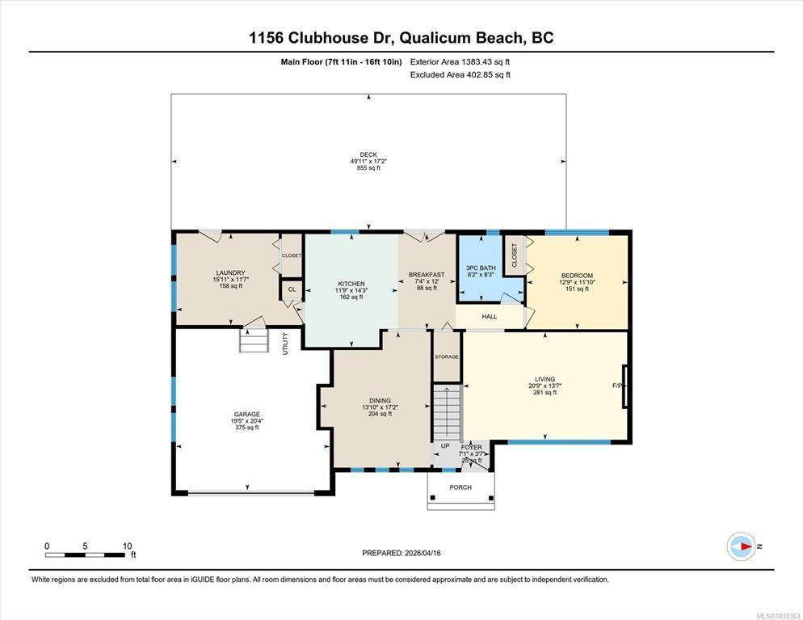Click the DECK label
coord(368,154)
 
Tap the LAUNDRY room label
coord(230,272)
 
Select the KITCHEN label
coord(351,284)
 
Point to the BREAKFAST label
coord(427,275)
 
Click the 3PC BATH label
coord(481,268)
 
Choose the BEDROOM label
coord(577,276)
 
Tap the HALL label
coord(490,317)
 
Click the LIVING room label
coord(544,379)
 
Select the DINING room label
coord(380,401)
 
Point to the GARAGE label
coord(247,414)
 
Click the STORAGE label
coord(447,356)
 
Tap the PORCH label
coord(460,487)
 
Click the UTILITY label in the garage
coord(285,344)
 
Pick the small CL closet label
coord(292,289)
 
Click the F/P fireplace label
coord(617,386)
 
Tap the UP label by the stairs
coord(446,445)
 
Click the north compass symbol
coord(742,546)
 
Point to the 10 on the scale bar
coord(127,546)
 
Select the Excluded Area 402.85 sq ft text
coord(460,75)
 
